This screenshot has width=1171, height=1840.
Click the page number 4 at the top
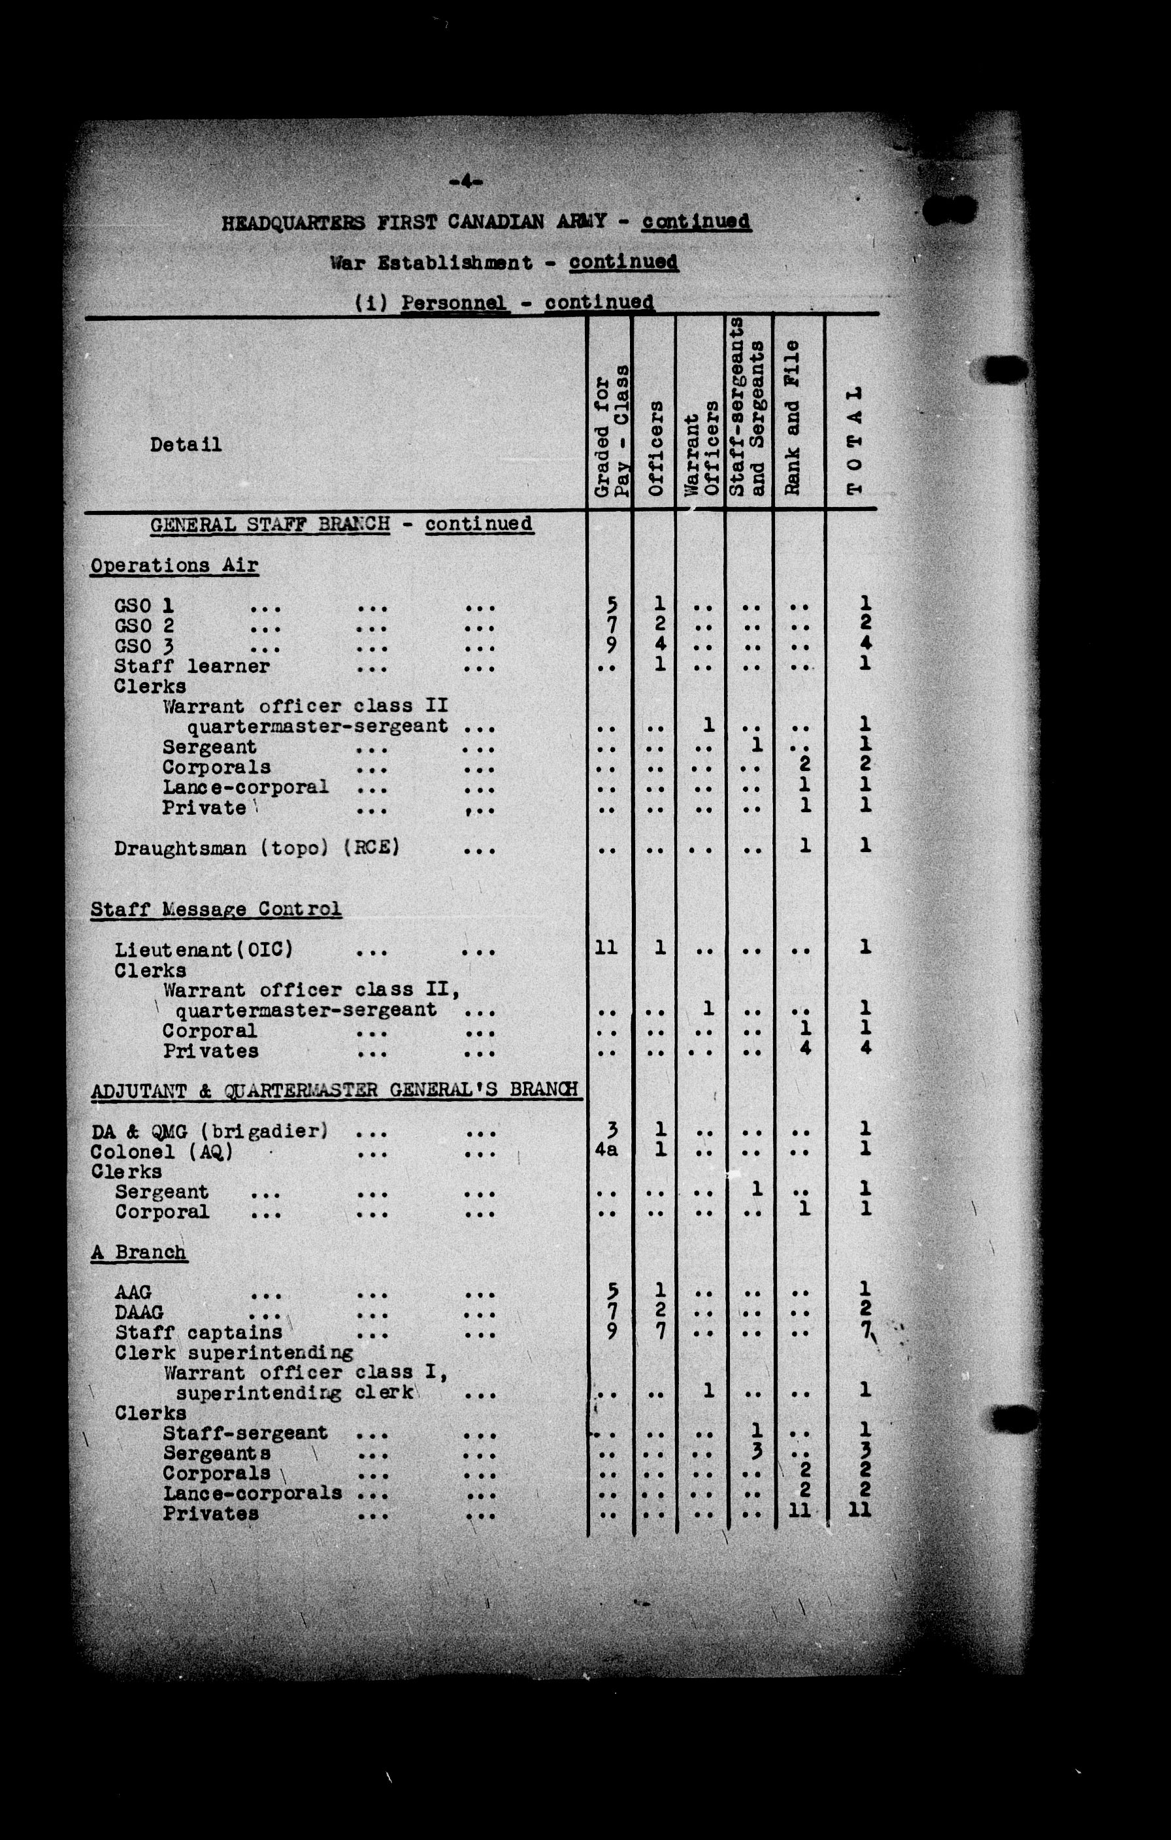[x=465, y=181]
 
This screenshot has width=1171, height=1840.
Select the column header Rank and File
[x=792, y=418]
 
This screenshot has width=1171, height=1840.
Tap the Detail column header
[x=186, y=445]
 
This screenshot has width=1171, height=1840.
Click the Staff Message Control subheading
[x=216, y=910]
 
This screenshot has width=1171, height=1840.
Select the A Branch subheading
[x=139, y=1253]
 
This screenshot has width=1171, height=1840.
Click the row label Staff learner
[x=192, y=666]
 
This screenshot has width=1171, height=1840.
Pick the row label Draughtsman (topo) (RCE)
[x=257, y=848]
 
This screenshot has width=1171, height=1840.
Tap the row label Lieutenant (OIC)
[x=204, y=950]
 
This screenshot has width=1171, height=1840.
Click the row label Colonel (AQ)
[x=162, y=1151]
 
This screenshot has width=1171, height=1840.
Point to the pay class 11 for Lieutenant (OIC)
[x=606, y=948]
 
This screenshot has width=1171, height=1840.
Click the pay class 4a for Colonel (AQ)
[x=606, y=1149]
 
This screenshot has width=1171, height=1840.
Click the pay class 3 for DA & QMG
[x=611, y=1129]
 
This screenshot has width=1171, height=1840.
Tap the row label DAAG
[x=139, y=1312]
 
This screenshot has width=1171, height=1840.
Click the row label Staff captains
[x=199, y=1332]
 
